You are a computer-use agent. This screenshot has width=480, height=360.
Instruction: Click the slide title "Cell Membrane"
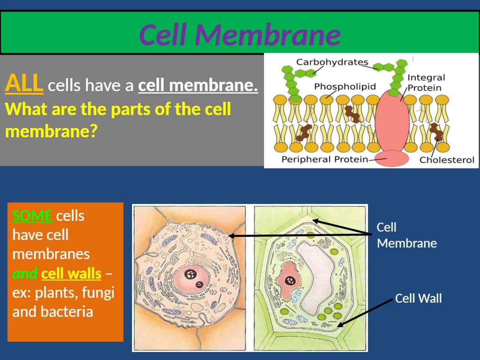[240, 35]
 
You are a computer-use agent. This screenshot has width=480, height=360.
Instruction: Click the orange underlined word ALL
[24, 84]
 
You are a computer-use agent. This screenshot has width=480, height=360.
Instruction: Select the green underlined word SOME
[32, 216]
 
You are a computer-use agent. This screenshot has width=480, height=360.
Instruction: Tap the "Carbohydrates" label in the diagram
[332, 62]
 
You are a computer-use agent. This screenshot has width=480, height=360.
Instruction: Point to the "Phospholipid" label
[345, 86]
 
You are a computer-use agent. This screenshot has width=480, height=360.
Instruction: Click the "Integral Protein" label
[426, 83]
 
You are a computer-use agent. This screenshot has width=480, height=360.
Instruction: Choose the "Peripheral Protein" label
[324, 159]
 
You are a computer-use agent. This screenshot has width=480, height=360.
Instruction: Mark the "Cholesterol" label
[447, 160]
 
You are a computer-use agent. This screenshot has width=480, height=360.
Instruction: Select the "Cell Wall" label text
[418, 298]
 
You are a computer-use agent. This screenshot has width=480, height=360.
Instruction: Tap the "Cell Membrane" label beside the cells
[406, 235]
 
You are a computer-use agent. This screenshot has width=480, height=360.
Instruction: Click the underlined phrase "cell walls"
[71, 274]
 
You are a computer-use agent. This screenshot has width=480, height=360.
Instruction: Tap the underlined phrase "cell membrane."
[198, 85]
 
